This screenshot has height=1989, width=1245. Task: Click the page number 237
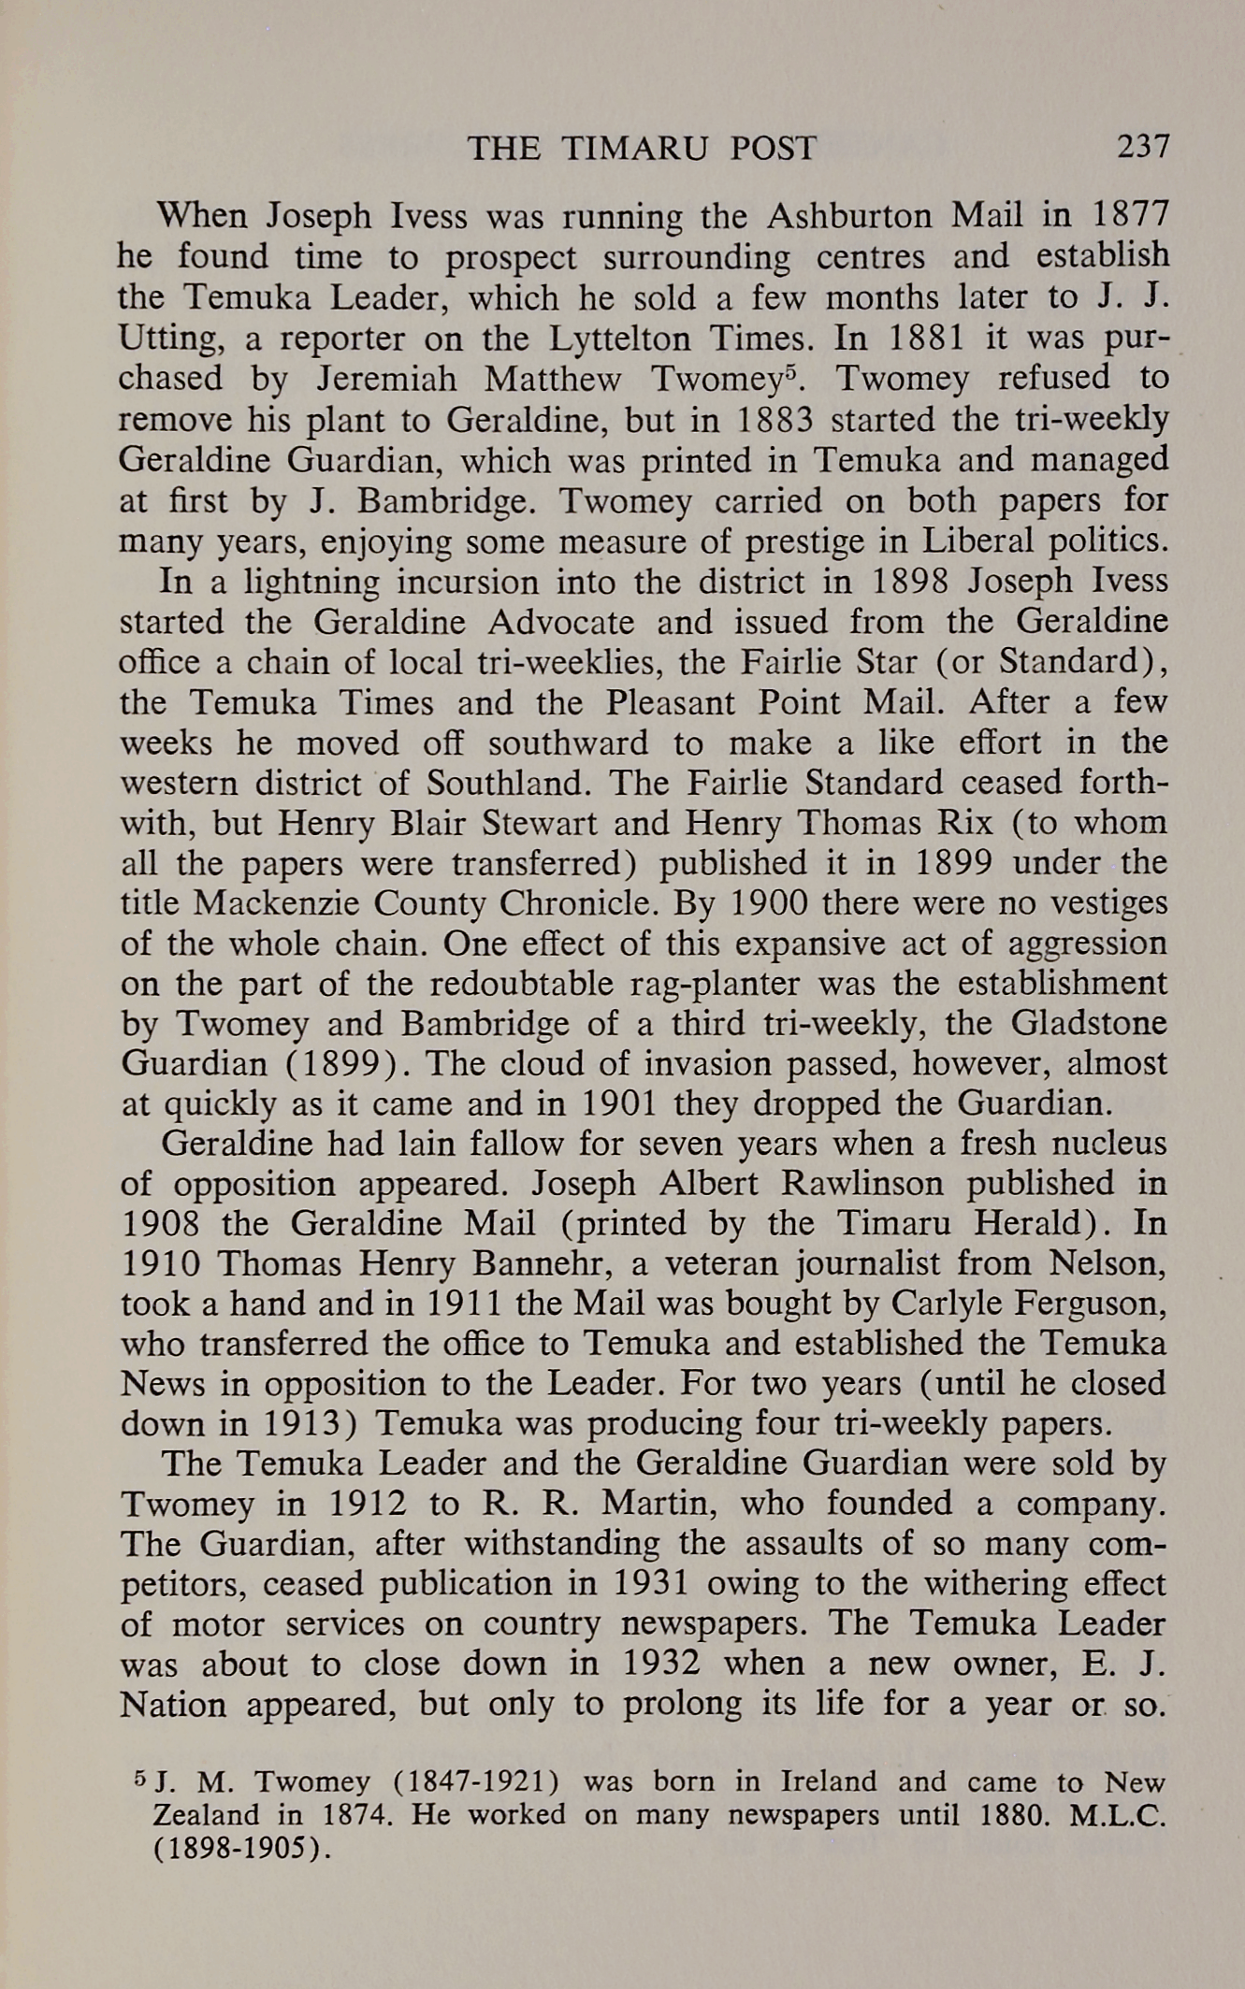[x=1142, y=147]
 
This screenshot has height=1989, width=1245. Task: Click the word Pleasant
[x=673, y=702]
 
